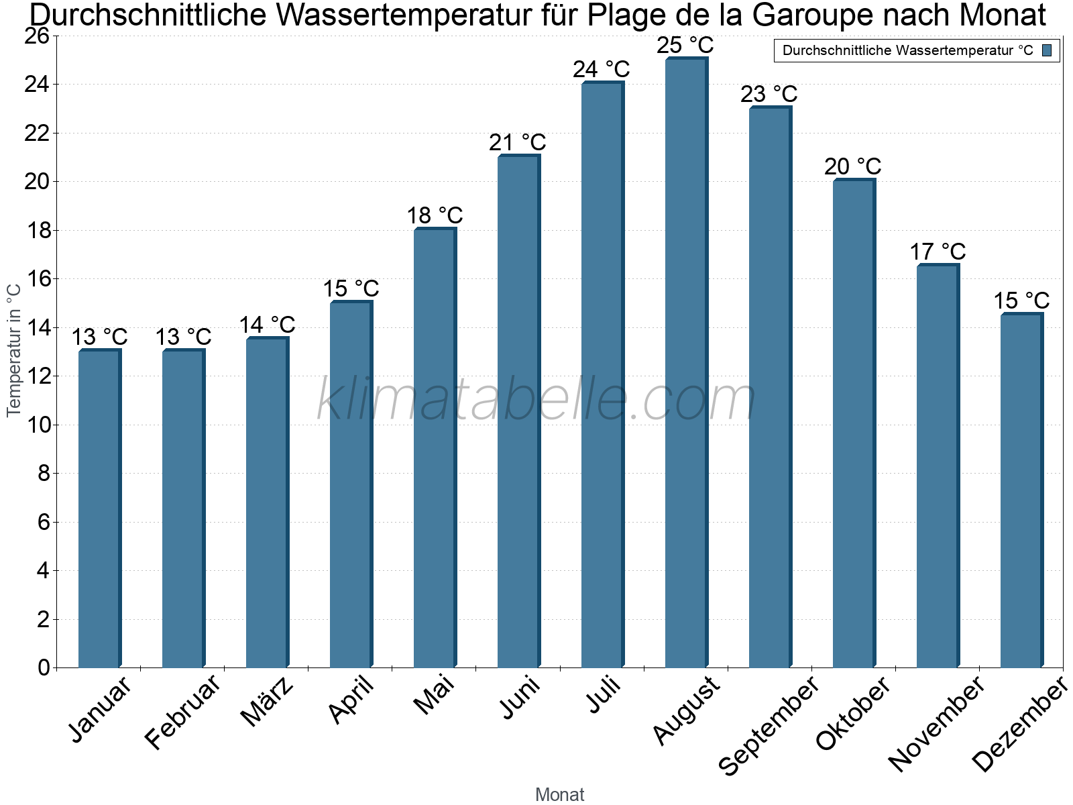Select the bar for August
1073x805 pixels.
click(x=685, y=362)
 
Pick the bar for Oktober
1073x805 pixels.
click(x=853, y=423)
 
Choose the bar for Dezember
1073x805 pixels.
click(x=1021, y=490)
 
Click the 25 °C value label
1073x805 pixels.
click(x=685, y=46)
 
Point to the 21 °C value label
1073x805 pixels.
click(x=518, y=142)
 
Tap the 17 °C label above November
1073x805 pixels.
click(x=938, y=252)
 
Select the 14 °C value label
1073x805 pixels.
click(x=267, y=325)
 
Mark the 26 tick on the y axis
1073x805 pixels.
click(x=38, y=36)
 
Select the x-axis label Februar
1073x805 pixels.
click(x=182, y=712)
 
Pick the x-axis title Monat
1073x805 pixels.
click(x=560, y=794)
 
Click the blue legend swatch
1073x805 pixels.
click(x=1048, y=50)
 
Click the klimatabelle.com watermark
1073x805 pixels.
click(x=536, y=400)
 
